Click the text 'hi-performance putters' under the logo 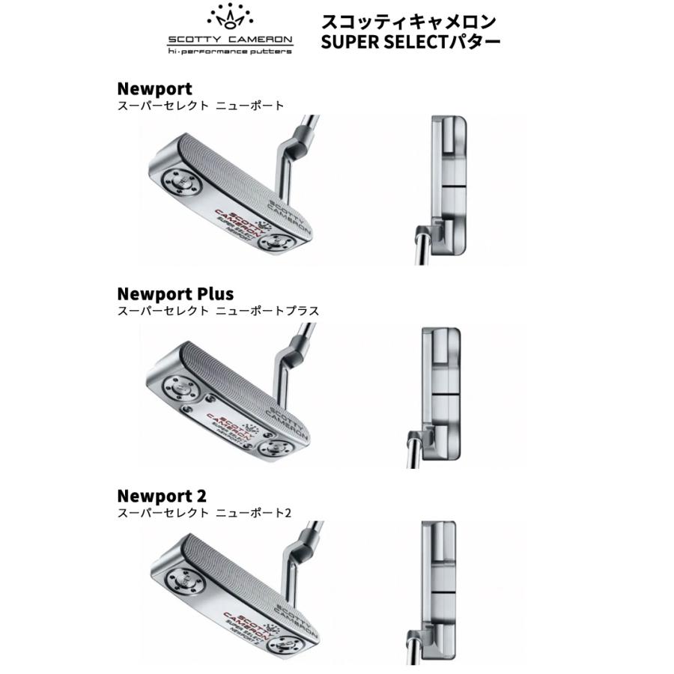point(230,52)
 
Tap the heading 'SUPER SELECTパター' point(410,41)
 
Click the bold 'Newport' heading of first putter point(154,89)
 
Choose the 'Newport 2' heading point(162,496)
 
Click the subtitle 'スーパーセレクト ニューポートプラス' point(218,310)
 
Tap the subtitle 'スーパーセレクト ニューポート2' point(204,513)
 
